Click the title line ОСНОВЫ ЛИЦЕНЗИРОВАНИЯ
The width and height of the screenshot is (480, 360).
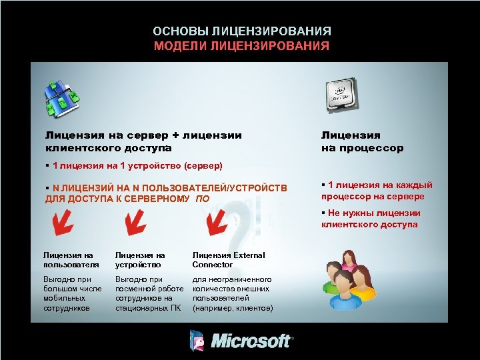coord(241,31)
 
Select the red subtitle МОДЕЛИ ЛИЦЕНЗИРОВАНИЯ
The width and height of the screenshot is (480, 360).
coord(241,46)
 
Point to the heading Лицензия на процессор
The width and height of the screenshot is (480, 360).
coord(362,141)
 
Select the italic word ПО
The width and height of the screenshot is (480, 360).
coord(203,199)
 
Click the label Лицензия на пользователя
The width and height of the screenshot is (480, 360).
coord(69,259)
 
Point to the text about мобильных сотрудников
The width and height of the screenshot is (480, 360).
coord(73,294)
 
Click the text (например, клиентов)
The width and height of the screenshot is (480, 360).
coord(233,308)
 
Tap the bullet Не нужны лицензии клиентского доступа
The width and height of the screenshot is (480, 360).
coord(370,219)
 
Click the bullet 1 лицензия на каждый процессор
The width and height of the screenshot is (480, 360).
coord(376,191)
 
